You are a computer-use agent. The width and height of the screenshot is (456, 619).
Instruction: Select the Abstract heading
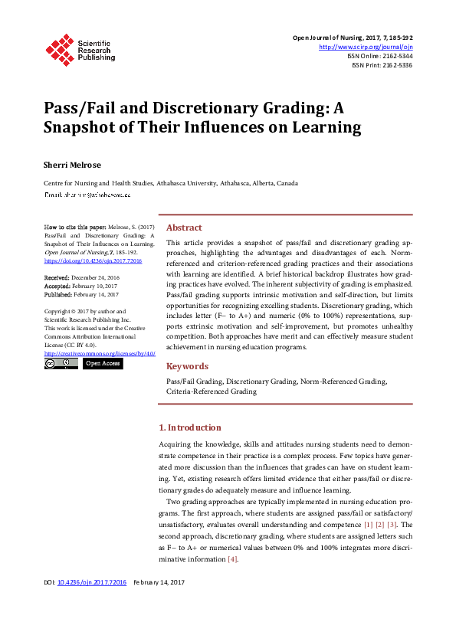click(x=184, y=228)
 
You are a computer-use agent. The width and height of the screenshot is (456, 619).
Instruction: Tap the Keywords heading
click(x=187, y=366)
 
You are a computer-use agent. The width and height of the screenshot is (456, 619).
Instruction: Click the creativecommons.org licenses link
click(x=100, y=353)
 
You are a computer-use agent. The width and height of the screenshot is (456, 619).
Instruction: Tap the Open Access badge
click(x=102, y=364)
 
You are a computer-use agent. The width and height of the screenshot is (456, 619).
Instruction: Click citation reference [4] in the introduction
click(x=233, y=559)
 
